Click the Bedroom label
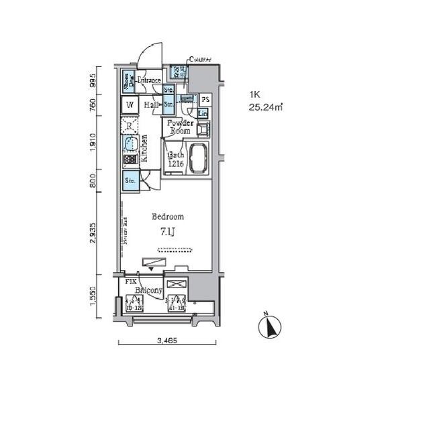pos(168,217)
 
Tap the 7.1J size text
pos(168,232)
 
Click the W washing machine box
pos(130,105)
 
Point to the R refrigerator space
pos(130,125)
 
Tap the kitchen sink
pos(129,143)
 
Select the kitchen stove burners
pos(129,162)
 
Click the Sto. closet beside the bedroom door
pos(130,180)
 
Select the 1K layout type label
pos(254,94)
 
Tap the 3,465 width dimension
pos(167,341)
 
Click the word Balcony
pos(148,290)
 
